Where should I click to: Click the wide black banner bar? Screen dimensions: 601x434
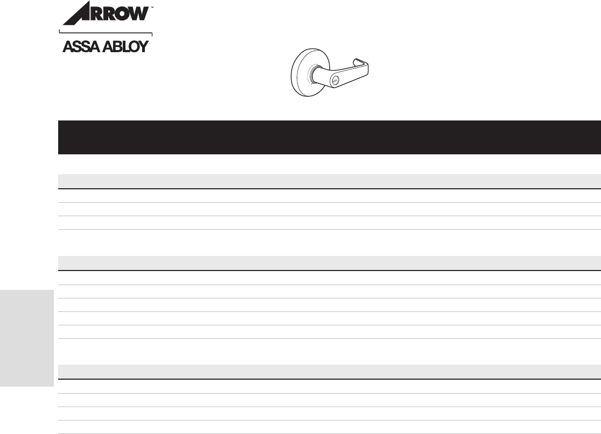(x=329, y=137)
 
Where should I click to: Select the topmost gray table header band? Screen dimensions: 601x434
(x=329, y=181)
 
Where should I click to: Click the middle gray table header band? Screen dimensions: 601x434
(x=329, y=263)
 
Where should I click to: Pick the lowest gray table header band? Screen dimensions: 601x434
(x=329, y=372)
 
